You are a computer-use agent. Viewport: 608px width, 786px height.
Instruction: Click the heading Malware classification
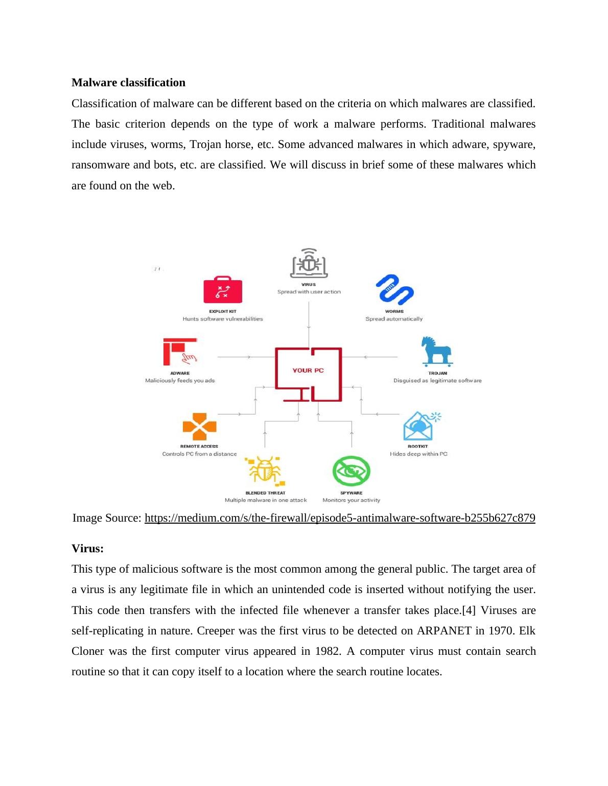(128, 83)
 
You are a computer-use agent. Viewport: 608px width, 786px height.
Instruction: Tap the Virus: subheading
(87, 549)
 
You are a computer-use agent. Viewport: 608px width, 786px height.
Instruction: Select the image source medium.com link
(340, 518)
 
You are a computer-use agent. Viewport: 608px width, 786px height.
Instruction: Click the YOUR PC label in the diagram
(308, 371)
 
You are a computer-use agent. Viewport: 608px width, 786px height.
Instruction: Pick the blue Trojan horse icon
(437, 351)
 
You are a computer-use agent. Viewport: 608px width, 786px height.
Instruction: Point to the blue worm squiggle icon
(394, 290)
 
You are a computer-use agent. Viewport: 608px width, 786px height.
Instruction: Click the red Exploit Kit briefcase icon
(223, 290)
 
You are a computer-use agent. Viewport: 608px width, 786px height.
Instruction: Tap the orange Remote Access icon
(199, 427)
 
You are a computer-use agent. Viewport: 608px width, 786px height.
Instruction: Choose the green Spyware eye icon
(351, 471)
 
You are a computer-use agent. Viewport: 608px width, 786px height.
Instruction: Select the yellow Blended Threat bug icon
(265, 470)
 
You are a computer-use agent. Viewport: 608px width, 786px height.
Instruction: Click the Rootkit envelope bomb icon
(420, 426)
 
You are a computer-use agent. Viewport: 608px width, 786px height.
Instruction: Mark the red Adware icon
(179, 352)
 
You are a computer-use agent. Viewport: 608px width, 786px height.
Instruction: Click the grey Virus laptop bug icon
(309, 263)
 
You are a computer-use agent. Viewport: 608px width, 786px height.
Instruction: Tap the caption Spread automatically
(394, 319)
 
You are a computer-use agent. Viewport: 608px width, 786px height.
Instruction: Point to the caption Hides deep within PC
(418, 454)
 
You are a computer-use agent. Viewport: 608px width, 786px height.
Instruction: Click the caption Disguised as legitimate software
(437, 381)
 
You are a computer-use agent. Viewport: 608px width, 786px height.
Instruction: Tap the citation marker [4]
(469, 610)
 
